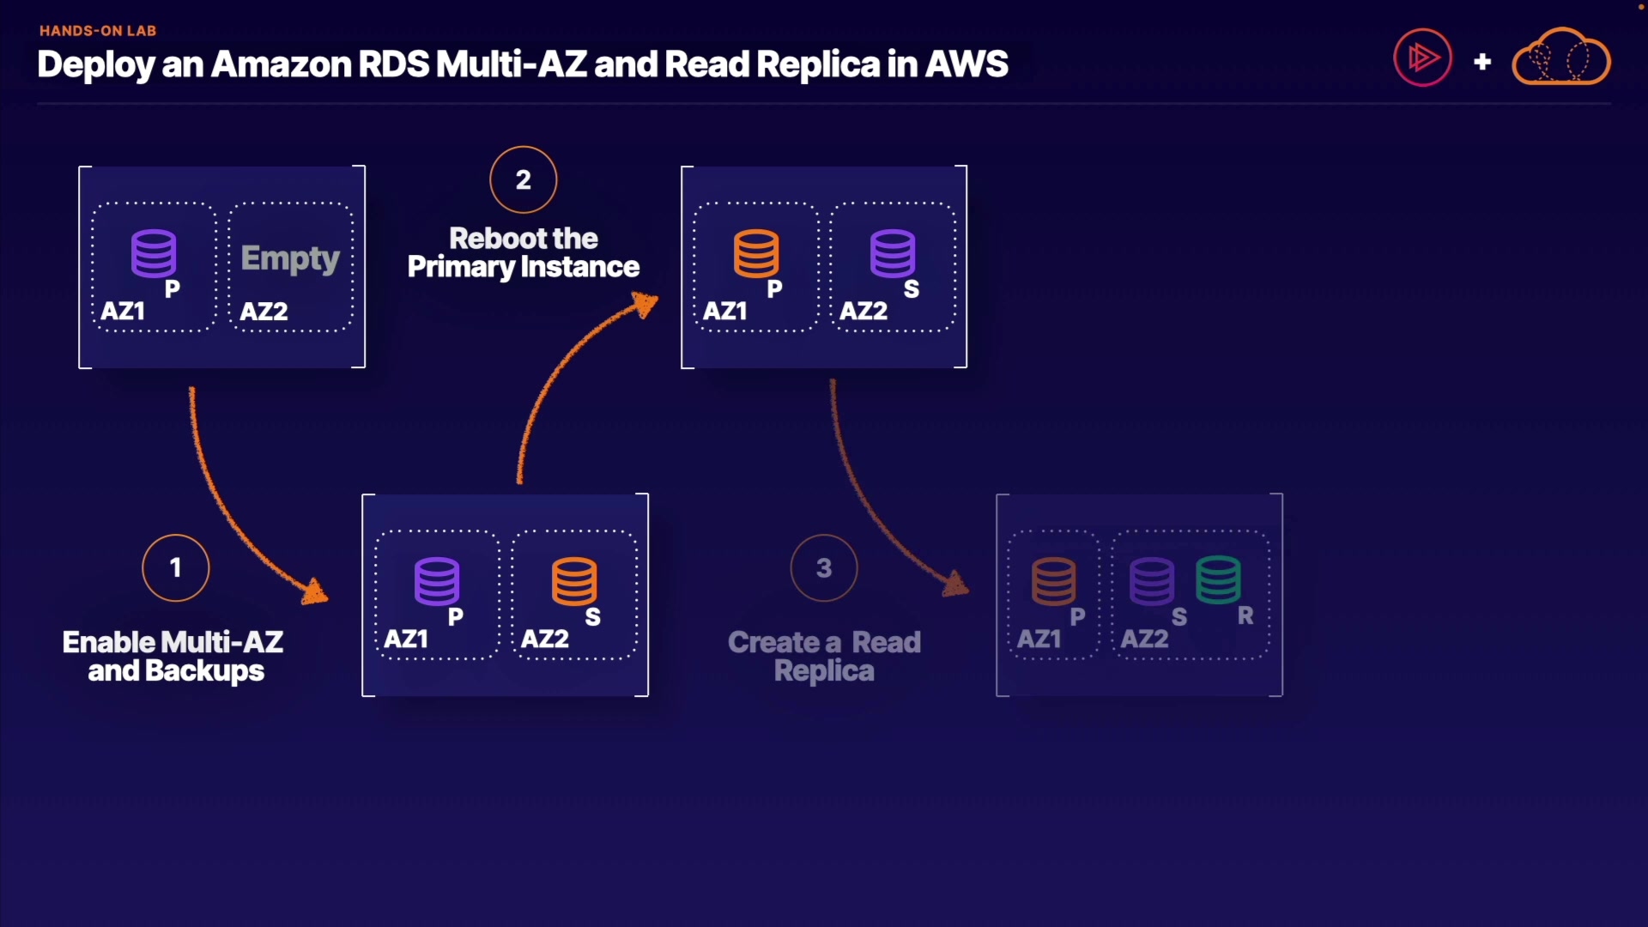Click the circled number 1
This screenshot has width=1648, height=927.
(x=176, y=567)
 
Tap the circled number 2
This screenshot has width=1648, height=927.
(x=524, y=179)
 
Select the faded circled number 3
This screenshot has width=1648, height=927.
(x=824, y=567)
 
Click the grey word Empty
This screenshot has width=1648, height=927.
(x=290, y=257)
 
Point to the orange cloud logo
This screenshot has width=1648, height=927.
(x=1560, y=58)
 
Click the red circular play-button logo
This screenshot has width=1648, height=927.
(x=1422, y=58)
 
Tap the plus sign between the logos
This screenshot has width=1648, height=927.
(x=1482, y=62)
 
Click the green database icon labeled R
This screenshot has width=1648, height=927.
(x=1218, y=580)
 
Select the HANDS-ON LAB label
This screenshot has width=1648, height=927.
(x=98, y=31)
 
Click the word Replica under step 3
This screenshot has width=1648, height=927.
(x=824, y=670)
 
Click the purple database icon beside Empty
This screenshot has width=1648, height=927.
(x=154, y=253)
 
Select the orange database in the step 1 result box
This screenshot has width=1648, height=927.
(x=574, y=581)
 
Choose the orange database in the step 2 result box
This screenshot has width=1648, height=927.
(x=756, y=253)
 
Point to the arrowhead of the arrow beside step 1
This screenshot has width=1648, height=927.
(x=316, y=591)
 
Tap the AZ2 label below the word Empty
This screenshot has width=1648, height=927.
(x=264, y=311)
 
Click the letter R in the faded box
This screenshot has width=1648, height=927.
(x=1245, y=615)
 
